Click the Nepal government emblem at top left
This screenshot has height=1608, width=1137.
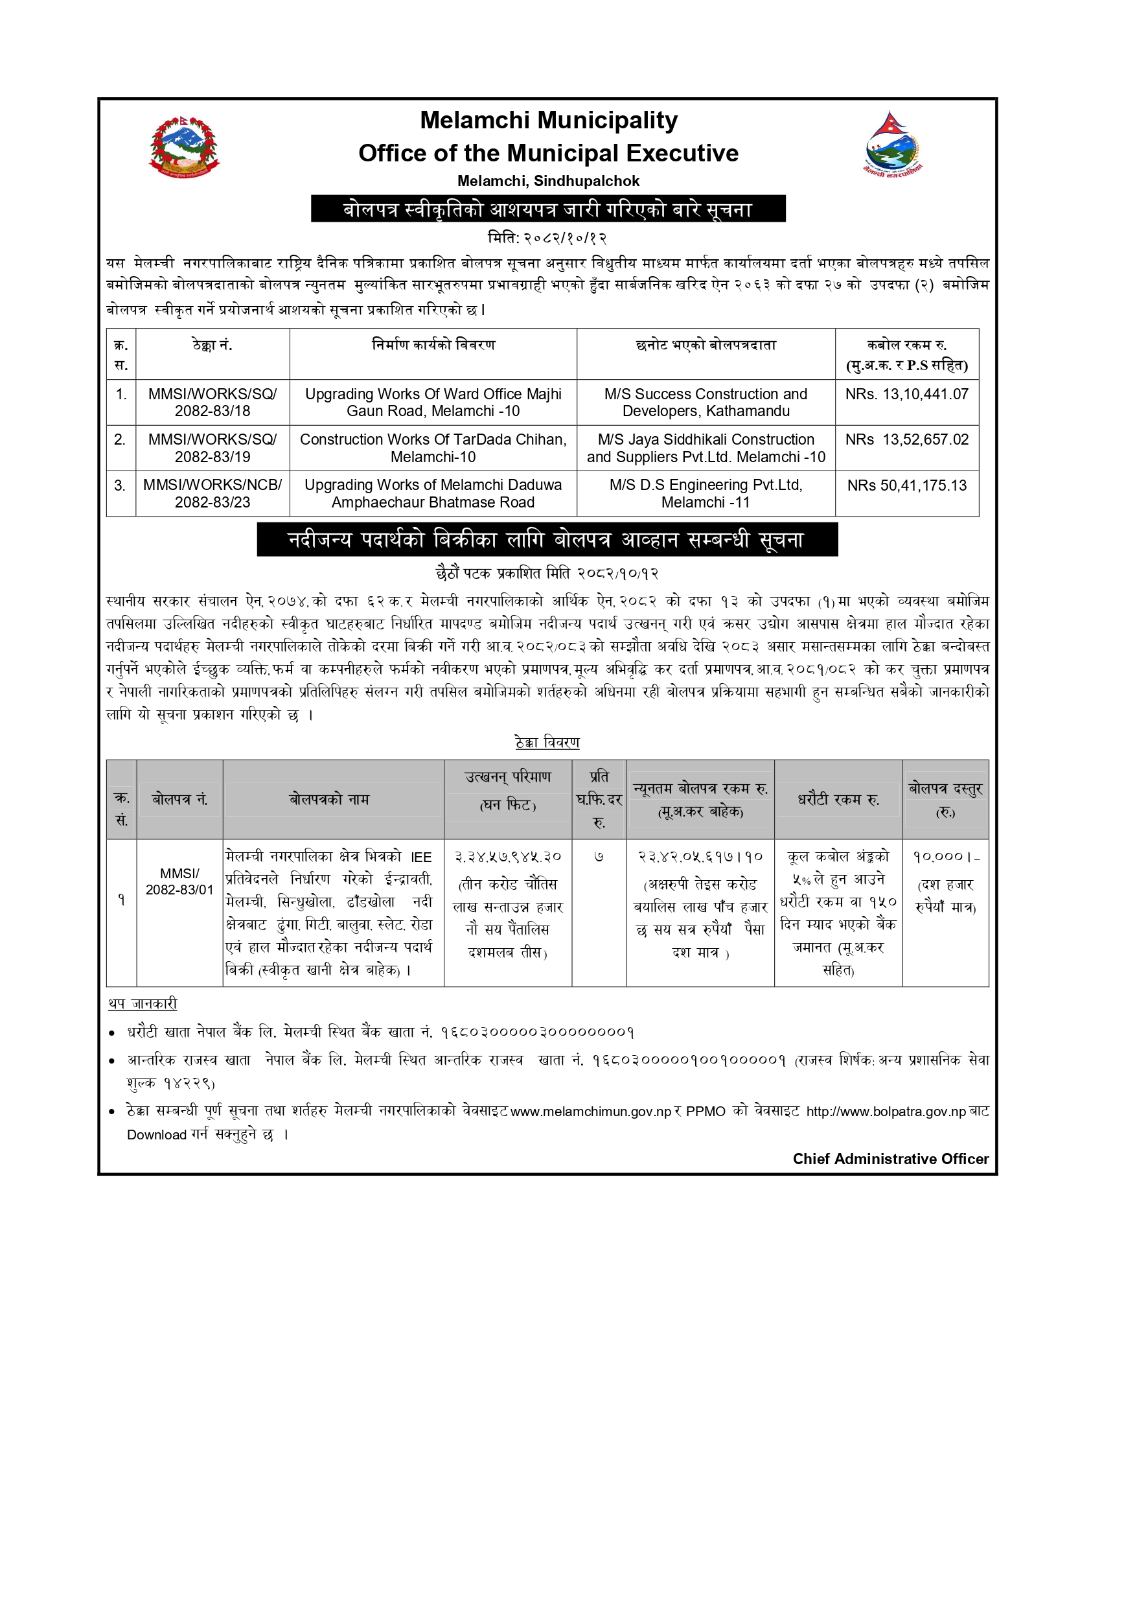184,147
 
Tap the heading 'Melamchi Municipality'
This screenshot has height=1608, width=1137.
548,121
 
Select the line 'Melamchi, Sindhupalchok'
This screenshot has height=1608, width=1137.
548,181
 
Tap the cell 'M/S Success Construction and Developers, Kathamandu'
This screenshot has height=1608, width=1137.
706,402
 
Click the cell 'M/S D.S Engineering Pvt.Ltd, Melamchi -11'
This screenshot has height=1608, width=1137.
706,494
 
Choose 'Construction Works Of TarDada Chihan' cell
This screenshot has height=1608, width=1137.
433,449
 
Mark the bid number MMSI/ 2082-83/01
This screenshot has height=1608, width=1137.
179,881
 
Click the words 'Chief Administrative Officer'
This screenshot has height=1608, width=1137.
891,1159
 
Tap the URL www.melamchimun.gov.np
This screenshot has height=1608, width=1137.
591,1112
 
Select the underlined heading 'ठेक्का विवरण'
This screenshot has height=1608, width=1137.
547,742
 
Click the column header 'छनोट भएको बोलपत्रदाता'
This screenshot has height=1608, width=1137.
706,345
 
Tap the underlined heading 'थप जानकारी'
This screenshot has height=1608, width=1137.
143,1005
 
